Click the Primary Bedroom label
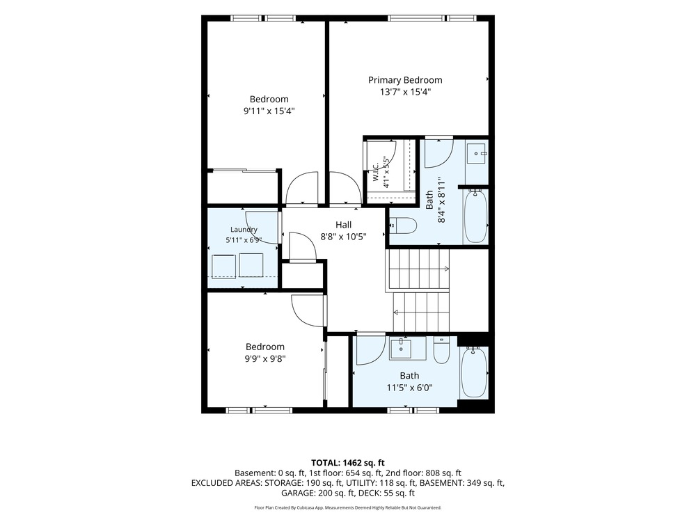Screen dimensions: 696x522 click(x=405, y=80)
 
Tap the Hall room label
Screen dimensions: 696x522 click(x=343, y=225)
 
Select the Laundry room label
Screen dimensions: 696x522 click(x=244, y=230)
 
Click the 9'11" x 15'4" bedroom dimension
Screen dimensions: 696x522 click(x=269, y=111)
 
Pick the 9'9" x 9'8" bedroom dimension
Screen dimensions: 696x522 click(x=265, y=358)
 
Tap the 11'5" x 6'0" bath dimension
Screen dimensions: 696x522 click(x=409, y=388)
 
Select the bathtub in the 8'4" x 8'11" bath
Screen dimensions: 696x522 click(x=475, y=216)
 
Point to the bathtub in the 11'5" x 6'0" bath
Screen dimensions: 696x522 click(x=473, y=372)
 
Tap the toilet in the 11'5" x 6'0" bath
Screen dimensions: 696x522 click(x=442, y=350)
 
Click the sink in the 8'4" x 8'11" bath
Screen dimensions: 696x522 click(x=476, y=154)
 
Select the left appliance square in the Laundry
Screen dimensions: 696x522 click(x=223, y=267)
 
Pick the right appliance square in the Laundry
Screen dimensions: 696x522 click(x=251, y=265)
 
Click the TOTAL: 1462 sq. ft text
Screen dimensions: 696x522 click(x=347, y=463)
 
